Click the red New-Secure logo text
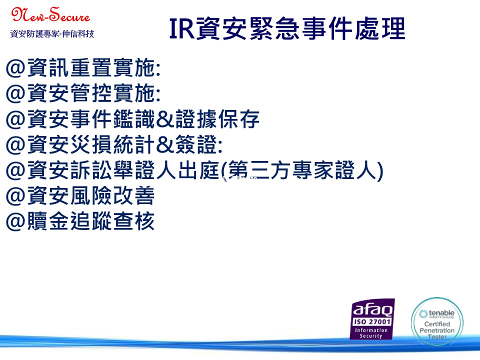pos(50,14)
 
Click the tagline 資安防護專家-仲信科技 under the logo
pos(52,33)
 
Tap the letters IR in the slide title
pos(182,29)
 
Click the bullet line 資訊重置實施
pos(83,67)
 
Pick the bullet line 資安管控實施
pos(83,93)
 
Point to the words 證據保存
pos(217,119)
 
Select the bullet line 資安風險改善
pos(80,196)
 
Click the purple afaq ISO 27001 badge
pos(372,319)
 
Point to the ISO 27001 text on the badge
pos(372,321)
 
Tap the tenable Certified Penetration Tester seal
pos(437,321)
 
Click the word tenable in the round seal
pos(441,313)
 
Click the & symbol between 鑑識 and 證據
pos(165,119)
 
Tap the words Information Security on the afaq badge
pos(371,333)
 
